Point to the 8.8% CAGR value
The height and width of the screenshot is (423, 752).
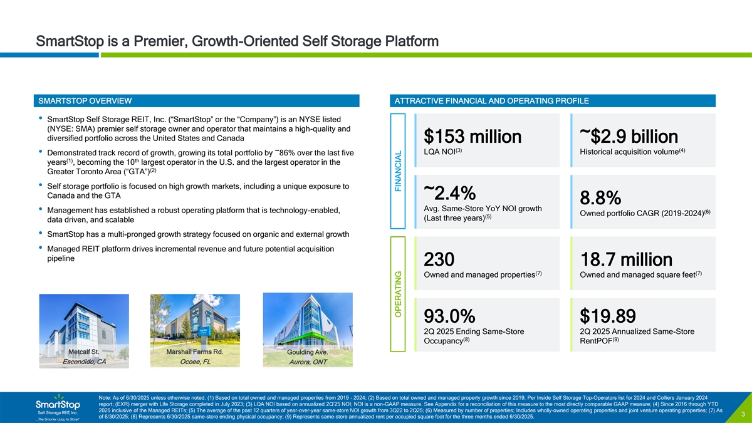600,198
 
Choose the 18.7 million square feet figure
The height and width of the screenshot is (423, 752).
626,278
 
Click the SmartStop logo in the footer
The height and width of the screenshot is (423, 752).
57,405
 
